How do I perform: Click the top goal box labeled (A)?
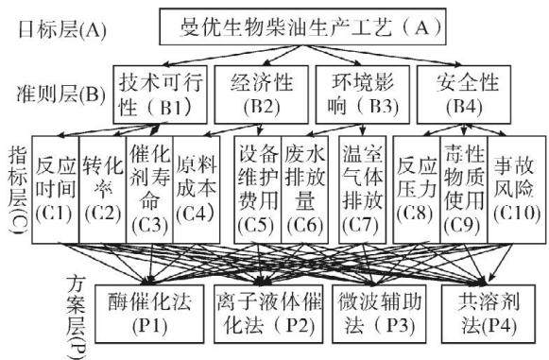pos(302,27)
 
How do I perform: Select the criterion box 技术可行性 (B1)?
pos(160,94)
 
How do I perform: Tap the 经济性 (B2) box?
pos(261,94)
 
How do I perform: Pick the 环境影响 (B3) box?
pos(363,94)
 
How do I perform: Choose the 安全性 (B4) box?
pos(464,94)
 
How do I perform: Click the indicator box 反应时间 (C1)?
pos(56,190)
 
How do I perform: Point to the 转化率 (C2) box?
pos(103,190)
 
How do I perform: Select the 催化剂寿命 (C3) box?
pos(149,190)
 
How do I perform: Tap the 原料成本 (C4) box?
pos(197,190)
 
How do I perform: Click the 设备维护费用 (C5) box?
pos(258,190)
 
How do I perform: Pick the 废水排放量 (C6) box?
pos(304,190)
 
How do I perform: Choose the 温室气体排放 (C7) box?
pos(363,190)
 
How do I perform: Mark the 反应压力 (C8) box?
pos(417,190)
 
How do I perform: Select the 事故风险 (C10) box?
pos(517,190)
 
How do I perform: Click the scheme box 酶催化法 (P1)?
pos(149,314)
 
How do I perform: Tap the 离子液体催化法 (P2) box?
pos(268,314)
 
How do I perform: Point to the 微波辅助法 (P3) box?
pos(379,314)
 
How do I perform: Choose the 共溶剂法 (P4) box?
pos(489,314)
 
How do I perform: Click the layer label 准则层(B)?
pos(61,94)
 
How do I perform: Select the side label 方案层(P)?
pos(77,317)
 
